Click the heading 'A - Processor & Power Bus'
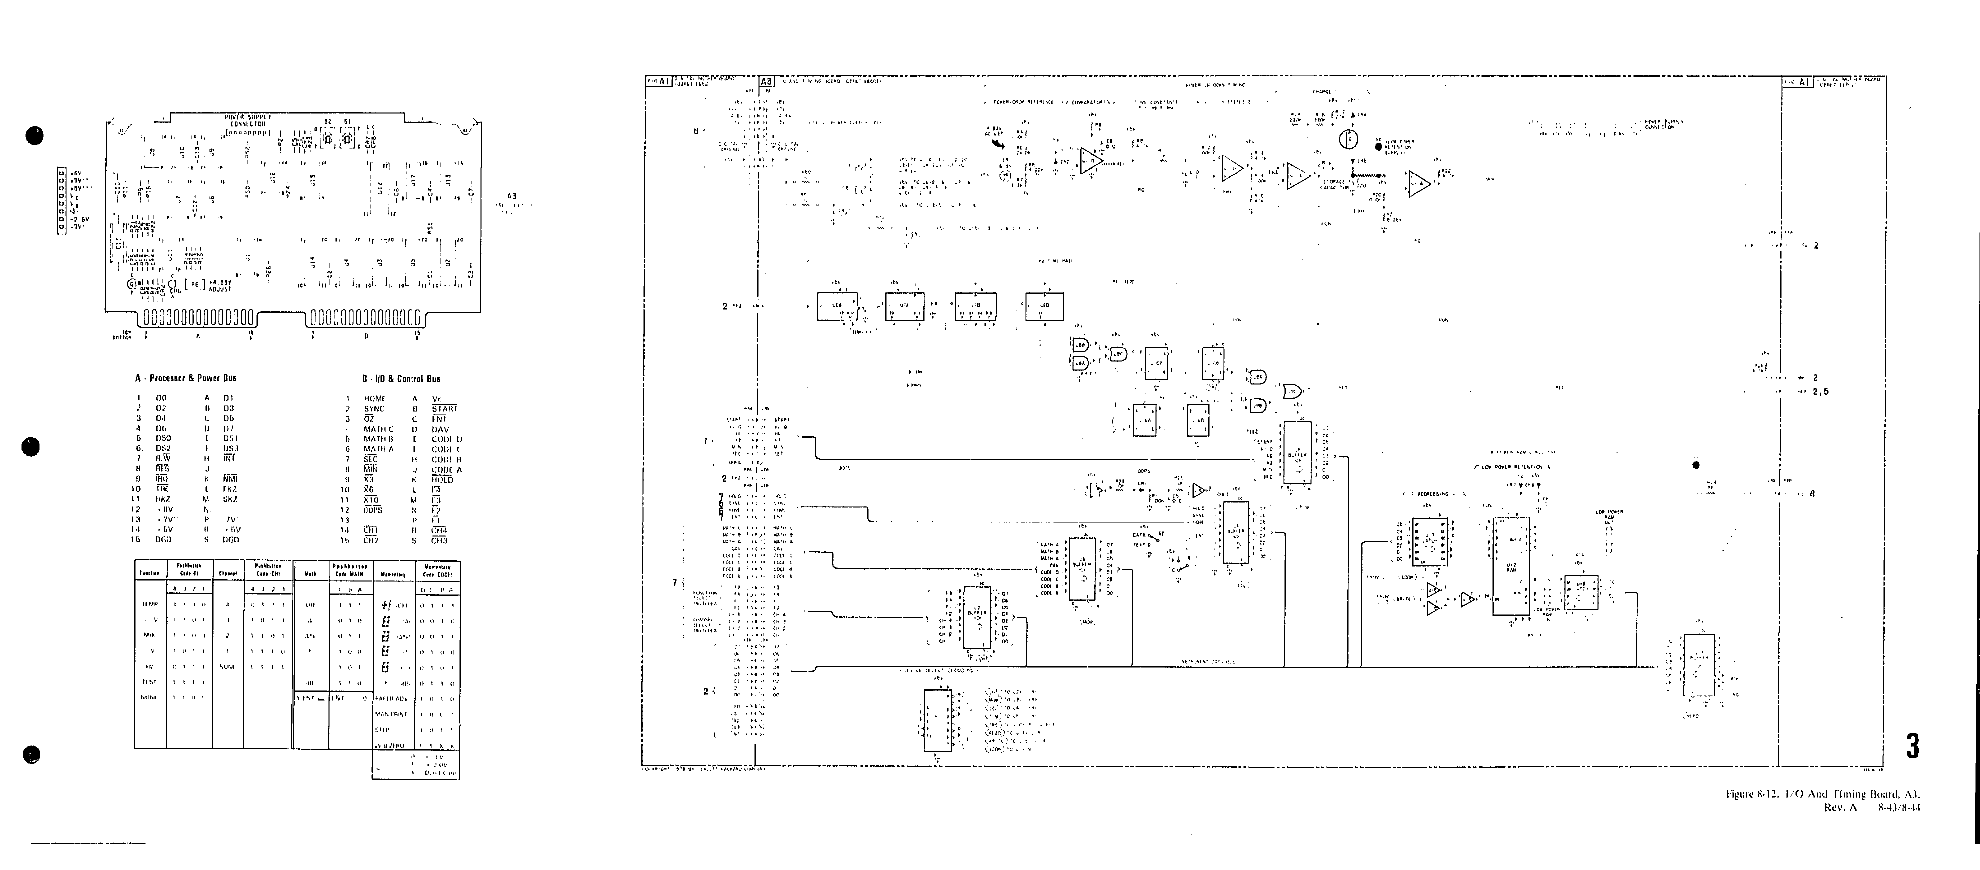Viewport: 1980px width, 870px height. [185, 378]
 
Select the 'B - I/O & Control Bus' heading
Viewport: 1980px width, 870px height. [401, 379]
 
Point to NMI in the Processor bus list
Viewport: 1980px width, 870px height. [230, 479]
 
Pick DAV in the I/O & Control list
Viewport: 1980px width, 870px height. [440, 430]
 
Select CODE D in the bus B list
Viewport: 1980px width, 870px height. [447, 439]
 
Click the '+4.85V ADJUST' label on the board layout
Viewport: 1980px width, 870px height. [219, 286]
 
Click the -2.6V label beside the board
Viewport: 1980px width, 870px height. [81, 219]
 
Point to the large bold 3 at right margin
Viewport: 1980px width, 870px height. [1912, 746]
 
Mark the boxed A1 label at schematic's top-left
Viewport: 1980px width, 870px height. [664, 81]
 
